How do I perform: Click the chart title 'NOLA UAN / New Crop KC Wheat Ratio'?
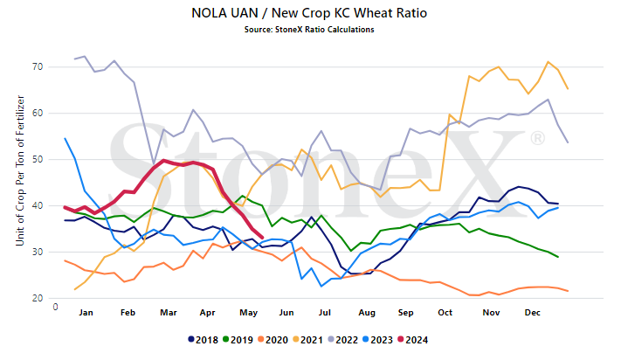point(309,13)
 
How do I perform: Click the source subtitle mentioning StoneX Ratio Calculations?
point(309,30)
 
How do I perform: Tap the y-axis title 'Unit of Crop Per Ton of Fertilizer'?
point(20,170)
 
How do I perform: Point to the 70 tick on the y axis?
point(38,66)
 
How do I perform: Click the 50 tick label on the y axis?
point(38,159)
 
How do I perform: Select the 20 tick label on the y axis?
point(38,298)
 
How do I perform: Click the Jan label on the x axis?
point(86,313)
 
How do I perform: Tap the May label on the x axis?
point(248,313)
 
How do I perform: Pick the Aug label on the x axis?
point(367,313)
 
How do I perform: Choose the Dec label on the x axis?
point(532,313)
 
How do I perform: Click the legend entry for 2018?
point(203,340)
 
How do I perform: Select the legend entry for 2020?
point(273,340)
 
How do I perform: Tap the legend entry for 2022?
point(342,340)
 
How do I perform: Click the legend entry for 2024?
point(412,340)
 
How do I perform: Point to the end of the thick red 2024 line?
point(262,238)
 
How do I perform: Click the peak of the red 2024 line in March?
point(163,161)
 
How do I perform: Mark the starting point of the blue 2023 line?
point(65,138)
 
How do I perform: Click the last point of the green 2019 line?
point(558,257)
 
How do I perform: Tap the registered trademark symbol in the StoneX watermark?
point(537,138)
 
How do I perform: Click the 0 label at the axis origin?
point(55,307)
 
